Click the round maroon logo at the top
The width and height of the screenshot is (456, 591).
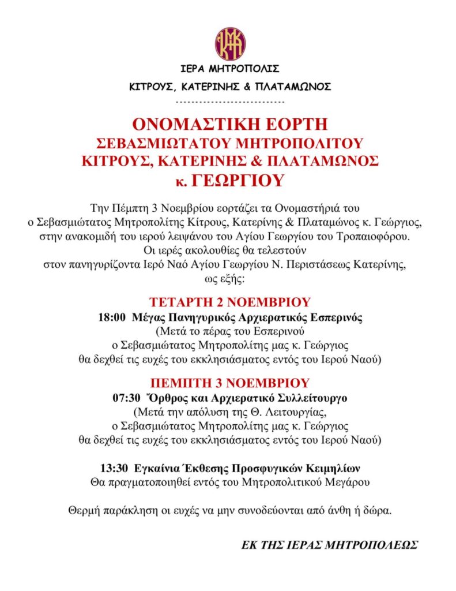[230, 43]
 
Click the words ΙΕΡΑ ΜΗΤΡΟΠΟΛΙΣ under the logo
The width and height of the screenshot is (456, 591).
[230, 69]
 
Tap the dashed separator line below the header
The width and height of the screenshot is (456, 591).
[230, 102]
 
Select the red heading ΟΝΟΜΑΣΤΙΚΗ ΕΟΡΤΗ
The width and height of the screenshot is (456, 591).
[230, 124]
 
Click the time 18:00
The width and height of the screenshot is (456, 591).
[113, 318]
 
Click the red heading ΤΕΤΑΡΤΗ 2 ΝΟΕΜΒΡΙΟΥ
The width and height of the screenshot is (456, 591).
[230, 302]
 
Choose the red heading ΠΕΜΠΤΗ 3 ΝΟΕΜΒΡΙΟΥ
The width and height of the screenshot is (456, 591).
[230, 383]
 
